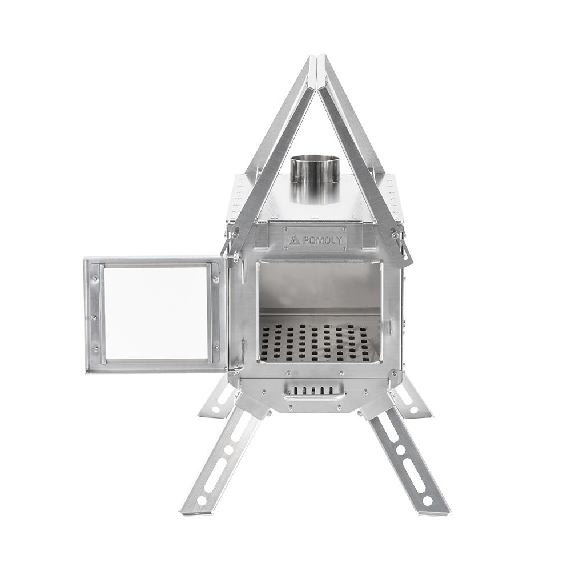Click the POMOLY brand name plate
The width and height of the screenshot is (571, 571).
[315, 239]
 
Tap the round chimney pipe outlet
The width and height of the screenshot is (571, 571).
[315, 171]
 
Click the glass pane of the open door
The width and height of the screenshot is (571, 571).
[155, 313]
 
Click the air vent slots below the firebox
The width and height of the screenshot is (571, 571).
[315, 390]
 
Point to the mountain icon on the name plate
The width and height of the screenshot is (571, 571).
[294, 240]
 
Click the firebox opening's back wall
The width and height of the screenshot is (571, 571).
[320, 285]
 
